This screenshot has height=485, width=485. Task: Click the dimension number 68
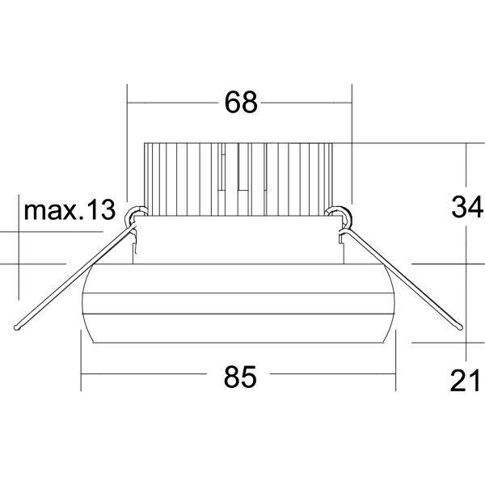tap(241, 102)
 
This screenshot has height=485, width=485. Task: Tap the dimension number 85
tap(240, 377)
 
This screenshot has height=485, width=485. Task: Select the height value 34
tap(467, 207)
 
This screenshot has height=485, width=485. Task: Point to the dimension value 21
tap(465, 381)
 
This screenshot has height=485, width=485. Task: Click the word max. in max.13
tap(53, 211)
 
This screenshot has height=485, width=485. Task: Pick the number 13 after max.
tap(101, 209)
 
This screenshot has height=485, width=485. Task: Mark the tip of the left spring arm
tap(16, 327)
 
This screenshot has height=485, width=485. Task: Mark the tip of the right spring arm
tap(460, 327)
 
